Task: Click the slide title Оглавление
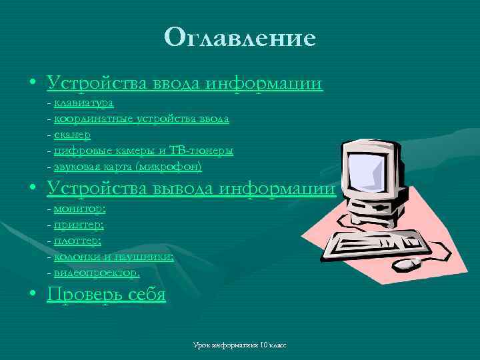click(x=240, y=37)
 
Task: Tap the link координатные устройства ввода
click(x=141, y=119)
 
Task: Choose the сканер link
click(x=77, y=135)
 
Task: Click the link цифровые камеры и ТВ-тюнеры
click(x=143, y=151)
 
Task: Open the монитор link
click(x=79, y=209)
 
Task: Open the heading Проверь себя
click(x=107, y=294)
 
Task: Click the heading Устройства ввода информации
click(x=185, y=83)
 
